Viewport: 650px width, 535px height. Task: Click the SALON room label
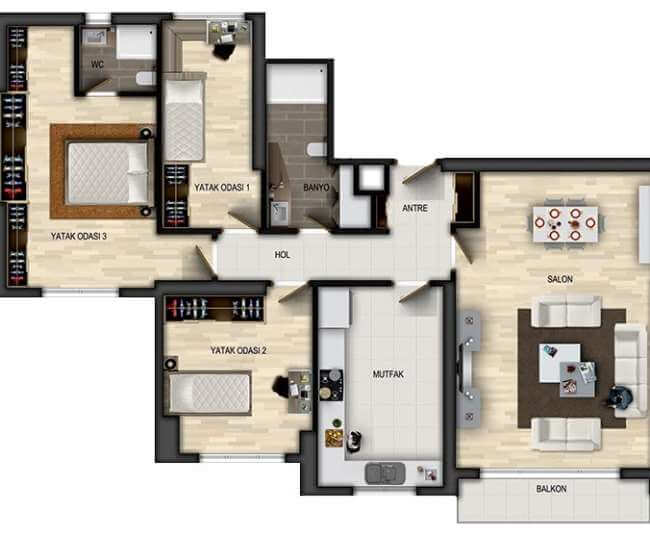[x=560, y=279]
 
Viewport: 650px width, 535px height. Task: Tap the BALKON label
[x=551, y=489]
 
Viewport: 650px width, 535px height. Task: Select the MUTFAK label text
[x=388, y=374]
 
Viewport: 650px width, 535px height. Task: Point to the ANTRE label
[x=415, y=208]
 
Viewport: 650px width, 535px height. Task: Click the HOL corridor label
[x=282, y=254]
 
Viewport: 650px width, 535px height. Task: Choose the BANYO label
[x=316, y=188]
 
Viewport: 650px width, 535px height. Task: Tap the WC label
[x=97, y=65]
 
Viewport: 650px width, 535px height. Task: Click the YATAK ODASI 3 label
[x=79, y=236]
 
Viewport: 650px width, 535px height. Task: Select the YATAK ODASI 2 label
[x=238, y=351]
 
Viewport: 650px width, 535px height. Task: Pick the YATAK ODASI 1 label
[x=222, y=188]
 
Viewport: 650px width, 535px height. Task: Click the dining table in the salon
[x=565, y=224]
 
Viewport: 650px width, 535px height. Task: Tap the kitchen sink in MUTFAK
[x=385, y=473]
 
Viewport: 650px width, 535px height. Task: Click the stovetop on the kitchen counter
[x=331, y=385]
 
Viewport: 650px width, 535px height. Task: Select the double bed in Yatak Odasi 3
[x=108, y=172]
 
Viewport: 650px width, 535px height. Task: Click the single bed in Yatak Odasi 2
[x=209, y=393]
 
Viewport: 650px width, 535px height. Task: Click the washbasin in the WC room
[x=95, y=37]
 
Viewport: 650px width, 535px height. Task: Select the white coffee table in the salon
[x=559, y=363]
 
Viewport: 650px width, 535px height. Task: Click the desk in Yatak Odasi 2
[x=299, y=392]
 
